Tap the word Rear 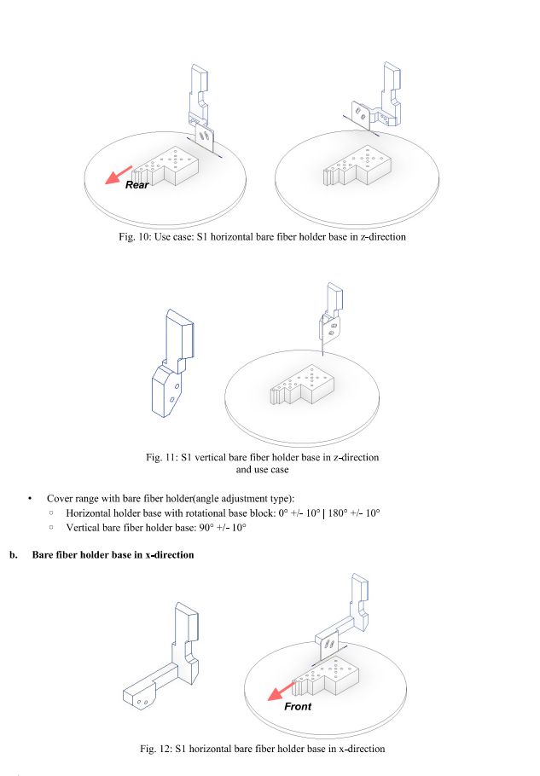pyautogui.click(x=137, y=184)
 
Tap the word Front pyautogui.click(x=299, y=706)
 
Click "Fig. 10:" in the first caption pyautogui.click(x=136, y=236)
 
